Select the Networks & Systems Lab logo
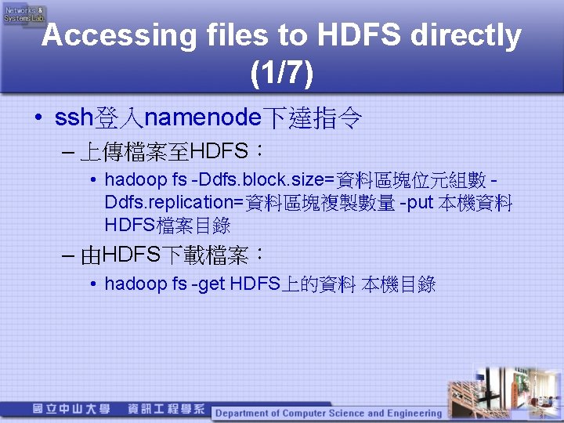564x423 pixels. (25, 14)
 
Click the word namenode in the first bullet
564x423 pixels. (203, 119)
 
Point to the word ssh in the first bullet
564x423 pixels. (74, 119)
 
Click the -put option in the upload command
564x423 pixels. (416, 204)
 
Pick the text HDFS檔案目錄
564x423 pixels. (167, 226)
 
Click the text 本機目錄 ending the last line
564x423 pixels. (399, 284)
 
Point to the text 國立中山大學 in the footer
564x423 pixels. (71, 409)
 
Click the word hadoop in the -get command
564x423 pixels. (135, 284)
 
